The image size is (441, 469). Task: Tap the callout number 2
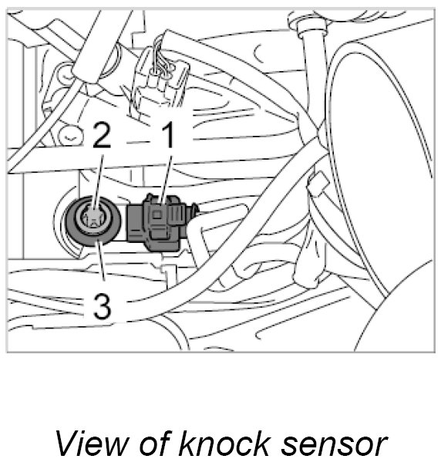[x=101, y=135]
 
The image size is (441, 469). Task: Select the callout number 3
[x=103, y=305]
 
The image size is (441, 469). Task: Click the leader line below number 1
[x=167, y=179]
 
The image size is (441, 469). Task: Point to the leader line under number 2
[x=98, y=183]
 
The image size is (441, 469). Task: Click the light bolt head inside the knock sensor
[x=91, y=218]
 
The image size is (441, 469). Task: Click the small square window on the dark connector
[x=157, y=214]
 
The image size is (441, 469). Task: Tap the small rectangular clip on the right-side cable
[x=318, y=183]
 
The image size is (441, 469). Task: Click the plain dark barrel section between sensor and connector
[x=135, y=222]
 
